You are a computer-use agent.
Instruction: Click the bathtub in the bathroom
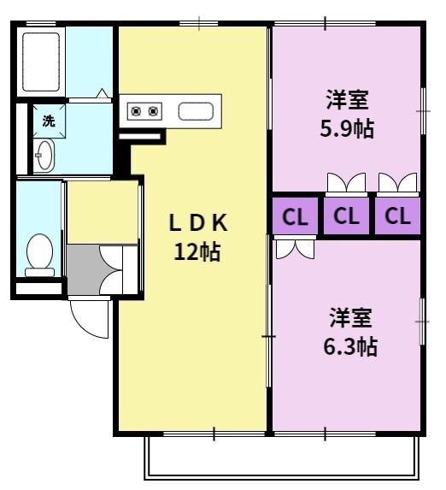[x=41, y=62]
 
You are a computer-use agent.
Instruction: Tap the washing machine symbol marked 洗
[x=50, y=121]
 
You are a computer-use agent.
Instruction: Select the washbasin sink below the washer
[x=44, y=156]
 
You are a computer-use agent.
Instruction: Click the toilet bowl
[x=39, y=255]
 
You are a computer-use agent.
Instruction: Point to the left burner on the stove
[x=136, y=111]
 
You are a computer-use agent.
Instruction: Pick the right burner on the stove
[x=153, y=111]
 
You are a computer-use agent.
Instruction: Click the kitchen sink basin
[x=196, y=111]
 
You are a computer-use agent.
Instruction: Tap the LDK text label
[x=198, y=222]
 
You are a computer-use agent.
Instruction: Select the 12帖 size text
[x=197, y=251]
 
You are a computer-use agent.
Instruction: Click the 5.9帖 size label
[x=347, y=128]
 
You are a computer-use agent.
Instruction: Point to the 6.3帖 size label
[x=350, y=346]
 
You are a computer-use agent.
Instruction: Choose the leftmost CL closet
[x=295, y=216]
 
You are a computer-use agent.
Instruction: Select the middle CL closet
[x=346, y=216]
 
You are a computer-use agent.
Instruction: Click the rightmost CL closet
[x=397, y=216]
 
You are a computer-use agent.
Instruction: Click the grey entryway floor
[x=84, y=269]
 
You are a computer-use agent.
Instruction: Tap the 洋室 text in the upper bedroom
[x=347, y=100]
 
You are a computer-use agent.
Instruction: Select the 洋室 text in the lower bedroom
[x=351, y=318]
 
